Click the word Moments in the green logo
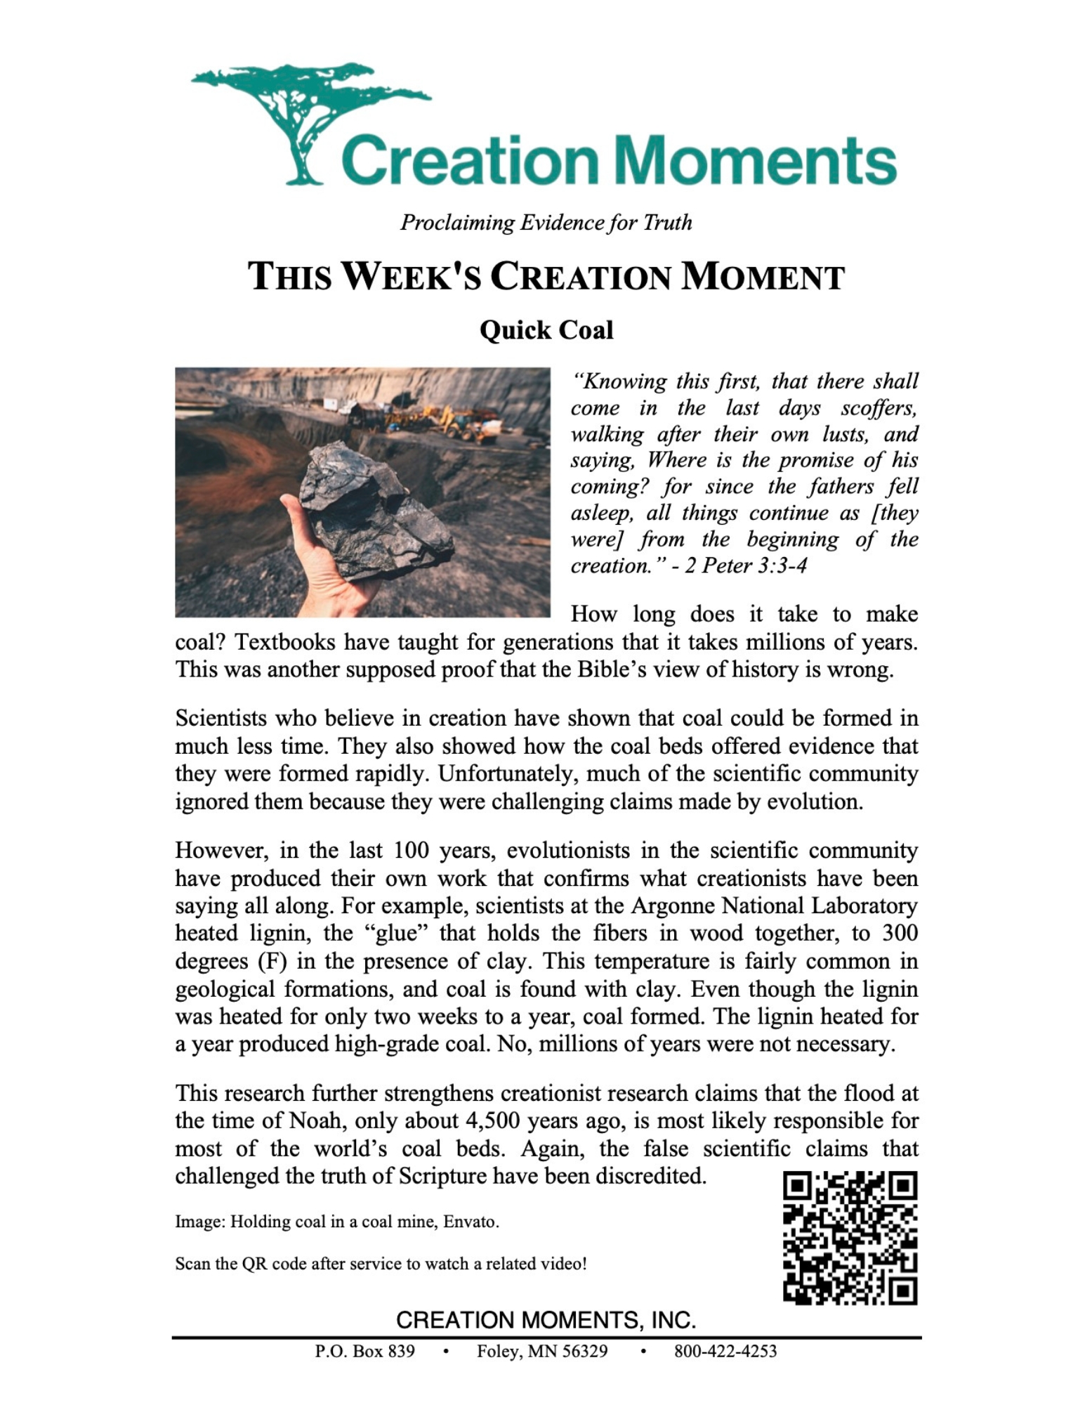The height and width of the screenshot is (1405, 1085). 755,161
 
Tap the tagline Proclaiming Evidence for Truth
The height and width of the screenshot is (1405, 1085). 546,223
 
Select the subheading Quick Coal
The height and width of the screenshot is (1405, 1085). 546,329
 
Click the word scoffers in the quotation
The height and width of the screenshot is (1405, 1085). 878,407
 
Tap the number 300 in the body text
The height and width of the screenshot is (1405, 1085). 900,933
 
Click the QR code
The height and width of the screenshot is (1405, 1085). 850,1238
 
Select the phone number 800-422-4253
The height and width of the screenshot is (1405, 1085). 725,1351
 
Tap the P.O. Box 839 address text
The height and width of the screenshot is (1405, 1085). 364,1351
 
